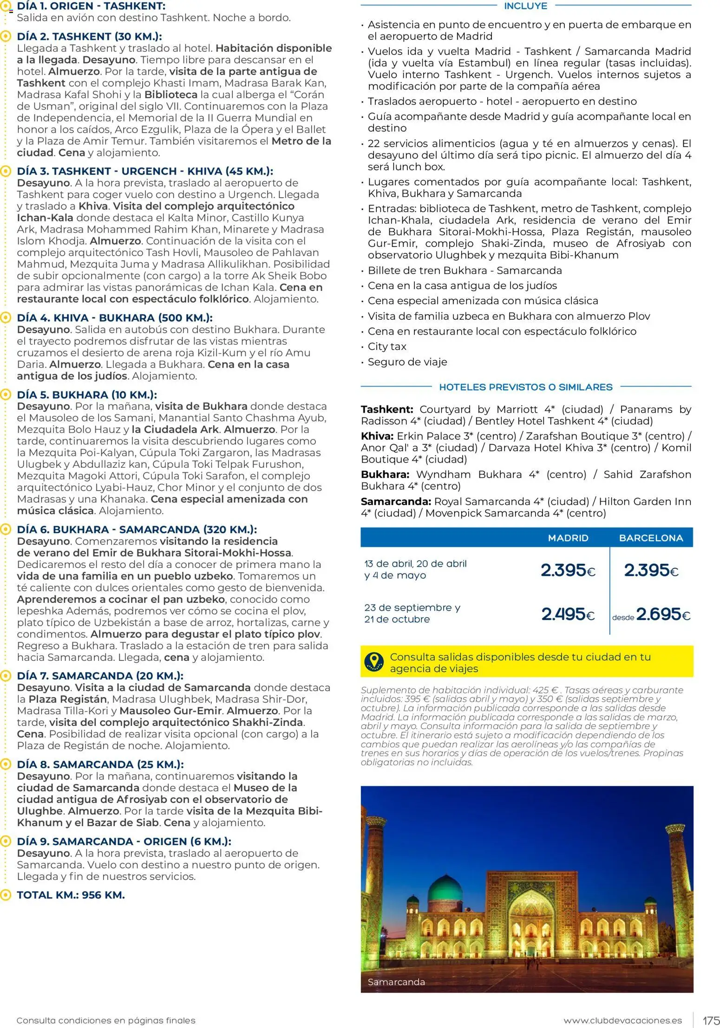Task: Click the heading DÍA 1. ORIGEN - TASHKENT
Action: coord(91,6)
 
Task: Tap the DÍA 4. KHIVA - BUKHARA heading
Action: coord(115,318)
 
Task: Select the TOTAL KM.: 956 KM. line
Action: coord(71,895)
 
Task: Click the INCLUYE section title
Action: coord(525,6)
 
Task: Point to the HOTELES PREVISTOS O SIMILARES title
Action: coord(525,387)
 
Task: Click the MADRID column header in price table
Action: coord(568,538)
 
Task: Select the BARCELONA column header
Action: coord(651,538)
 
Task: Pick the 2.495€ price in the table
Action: coord(568,614)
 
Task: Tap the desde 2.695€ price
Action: coord(651,614)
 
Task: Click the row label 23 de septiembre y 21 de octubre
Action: coord(412,613)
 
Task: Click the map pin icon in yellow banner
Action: coord(374,662)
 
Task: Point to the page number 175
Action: coord(711,1021)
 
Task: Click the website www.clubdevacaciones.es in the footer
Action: coord(622,1021)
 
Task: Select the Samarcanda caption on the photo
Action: coord(396,982)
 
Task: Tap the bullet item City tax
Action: coord(386,347)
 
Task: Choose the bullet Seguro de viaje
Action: coord(407,362)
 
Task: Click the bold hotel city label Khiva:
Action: coord(377,436)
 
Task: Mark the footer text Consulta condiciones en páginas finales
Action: coord(106,1021)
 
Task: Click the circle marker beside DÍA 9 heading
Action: coord(6,841)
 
